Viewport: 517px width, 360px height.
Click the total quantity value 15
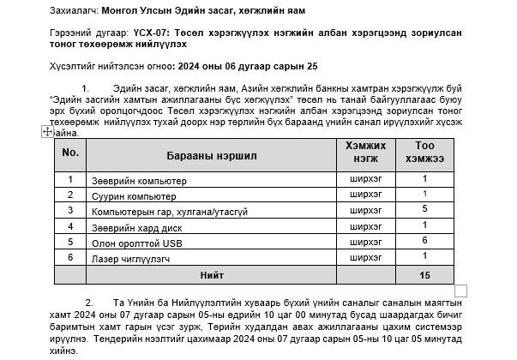424,276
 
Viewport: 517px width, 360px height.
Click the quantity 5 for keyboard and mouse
424,209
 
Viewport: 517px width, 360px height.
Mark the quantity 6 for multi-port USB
424,241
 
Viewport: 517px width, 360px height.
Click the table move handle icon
47,131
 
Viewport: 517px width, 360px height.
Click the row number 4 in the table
70,226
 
